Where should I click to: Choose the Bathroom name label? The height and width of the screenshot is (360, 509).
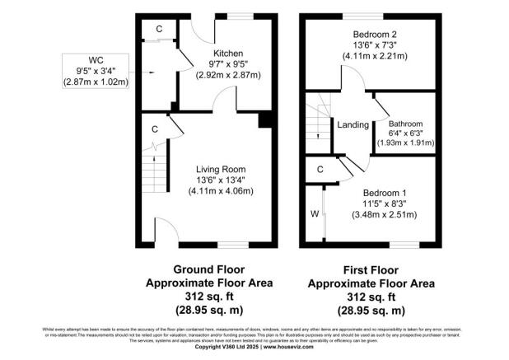(x=405, y=124)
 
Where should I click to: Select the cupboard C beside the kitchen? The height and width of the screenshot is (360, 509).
(x=159, y=30)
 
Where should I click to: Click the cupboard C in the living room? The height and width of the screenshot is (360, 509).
(x=154, y=129)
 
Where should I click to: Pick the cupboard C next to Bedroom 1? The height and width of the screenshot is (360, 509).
(x=320, y=168)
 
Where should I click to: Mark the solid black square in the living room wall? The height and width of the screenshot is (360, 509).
(x=264, y=121)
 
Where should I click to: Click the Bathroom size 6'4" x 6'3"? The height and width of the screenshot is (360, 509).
(x=405, y=133)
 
